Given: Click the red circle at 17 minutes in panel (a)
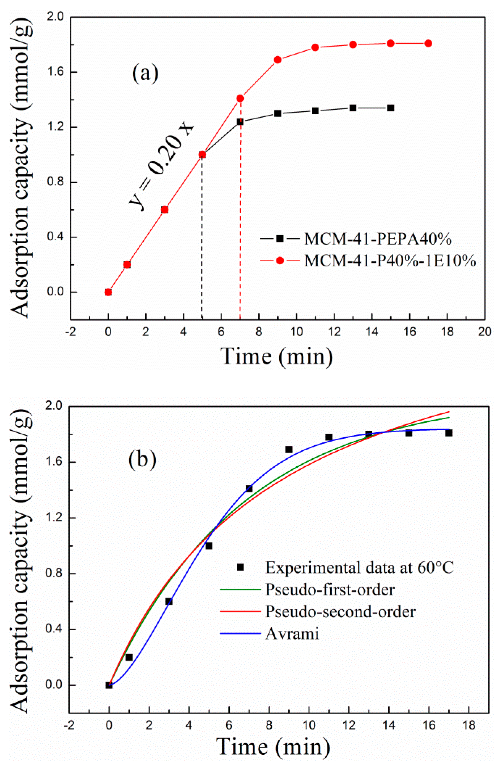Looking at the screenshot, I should (x=428, y=43).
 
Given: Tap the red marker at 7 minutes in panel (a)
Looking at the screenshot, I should (x=240, y=98).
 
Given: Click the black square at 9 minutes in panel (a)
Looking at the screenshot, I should (x=278, y=113).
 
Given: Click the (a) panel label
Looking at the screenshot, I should (x=145, y=73).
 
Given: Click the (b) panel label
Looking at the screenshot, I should (x=142, y=459).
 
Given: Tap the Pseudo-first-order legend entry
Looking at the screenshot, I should (x=330, y=589).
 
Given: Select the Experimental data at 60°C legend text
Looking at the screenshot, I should (x=359, y=568).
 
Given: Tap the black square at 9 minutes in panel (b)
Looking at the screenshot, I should (x=289, y=450).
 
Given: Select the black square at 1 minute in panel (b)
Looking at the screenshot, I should (x=129, y=657).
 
